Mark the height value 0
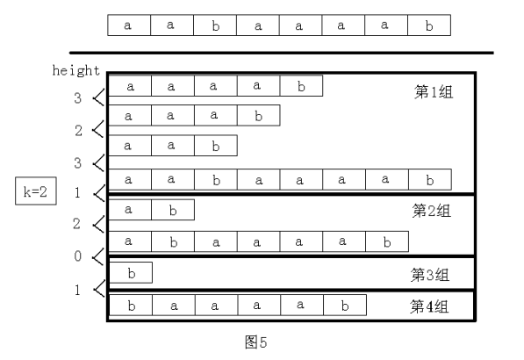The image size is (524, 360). tap(78, 256)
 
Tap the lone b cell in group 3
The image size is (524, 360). tap(129, 272)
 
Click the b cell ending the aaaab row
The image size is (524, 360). tap(301, 86)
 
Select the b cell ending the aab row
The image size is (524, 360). tap(215, 145)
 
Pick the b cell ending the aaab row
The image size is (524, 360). tap(258, 115)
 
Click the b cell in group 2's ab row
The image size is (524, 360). tap(172, 210)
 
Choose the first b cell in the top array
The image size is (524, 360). tap(215, 25)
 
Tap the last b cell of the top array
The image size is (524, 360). tap(429, 25)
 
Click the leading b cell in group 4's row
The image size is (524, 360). tap(129, 306)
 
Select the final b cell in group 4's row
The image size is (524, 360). tap(344, 306)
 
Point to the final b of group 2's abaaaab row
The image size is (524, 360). tap(387, 240)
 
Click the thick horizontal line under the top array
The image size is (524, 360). tap(281, 53)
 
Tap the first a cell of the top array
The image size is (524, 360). tap(129, 25)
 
